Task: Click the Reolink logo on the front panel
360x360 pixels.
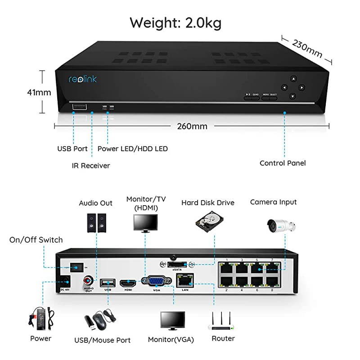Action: tap(82, 79)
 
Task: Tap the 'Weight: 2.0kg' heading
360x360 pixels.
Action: tap(175, 22)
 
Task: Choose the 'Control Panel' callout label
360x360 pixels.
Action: tap(283, 163)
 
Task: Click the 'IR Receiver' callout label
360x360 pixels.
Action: tap(91, 166)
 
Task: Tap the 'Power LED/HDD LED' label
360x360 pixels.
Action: tap(133, 148)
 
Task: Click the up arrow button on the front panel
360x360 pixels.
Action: tap(293, 78)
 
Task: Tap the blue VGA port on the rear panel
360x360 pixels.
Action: tap(156, 281)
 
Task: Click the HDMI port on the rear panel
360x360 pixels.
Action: tap(128, 283)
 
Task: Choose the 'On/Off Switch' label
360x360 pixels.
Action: tap(36, 240)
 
